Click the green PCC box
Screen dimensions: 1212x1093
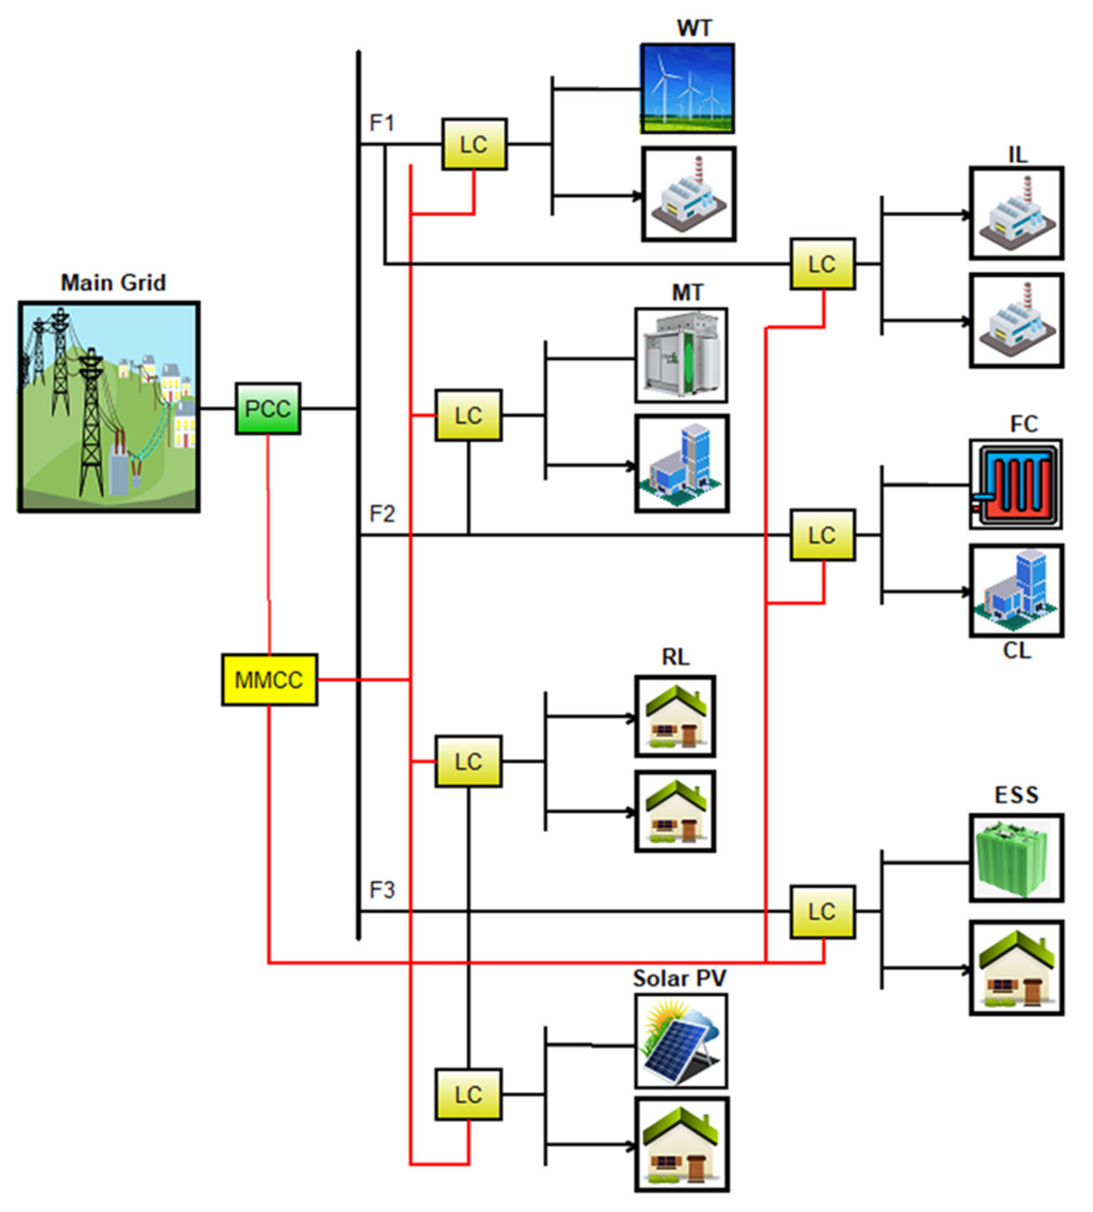[268, 409]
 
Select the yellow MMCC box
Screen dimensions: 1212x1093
[269, 680]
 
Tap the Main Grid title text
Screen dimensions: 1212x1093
[113, 283]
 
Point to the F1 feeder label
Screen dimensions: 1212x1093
[382, 123]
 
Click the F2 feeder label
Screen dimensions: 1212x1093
[382, 514]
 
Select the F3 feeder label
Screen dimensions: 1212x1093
[382, 890]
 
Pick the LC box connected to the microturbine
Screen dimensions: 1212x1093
[468, 415]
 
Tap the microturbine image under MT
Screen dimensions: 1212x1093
[681, 355]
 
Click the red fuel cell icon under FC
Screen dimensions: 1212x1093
[1015, 484]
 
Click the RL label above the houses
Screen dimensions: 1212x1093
[676, 657]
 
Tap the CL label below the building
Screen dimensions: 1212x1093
[1017, 651]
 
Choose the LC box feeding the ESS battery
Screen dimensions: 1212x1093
[822, 911]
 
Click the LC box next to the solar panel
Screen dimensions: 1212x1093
[468, 1094]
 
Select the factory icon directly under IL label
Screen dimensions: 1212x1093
[1016, 213]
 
